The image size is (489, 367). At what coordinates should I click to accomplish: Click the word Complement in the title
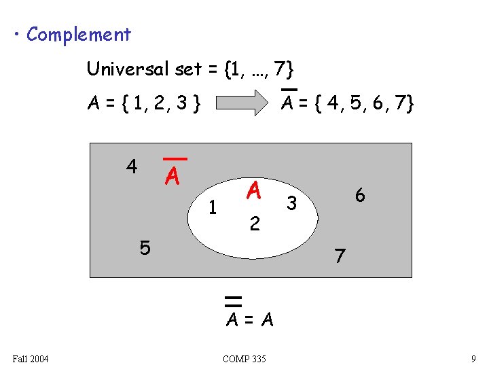(78, 34)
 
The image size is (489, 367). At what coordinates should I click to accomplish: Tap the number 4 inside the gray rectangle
(131, 166)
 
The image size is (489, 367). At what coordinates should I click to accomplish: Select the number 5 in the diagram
(145, 248)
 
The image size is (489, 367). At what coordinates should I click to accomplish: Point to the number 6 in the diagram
(360, 195)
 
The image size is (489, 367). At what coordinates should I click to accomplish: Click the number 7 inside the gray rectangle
(340, 256)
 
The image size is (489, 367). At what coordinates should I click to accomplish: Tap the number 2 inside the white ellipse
(254, 223)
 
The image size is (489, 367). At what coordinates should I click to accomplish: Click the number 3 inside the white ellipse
(291, 203)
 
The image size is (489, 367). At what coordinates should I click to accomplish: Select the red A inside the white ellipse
(254, 191)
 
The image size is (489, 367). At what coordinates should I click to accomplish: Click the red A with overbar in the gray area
(173, 176)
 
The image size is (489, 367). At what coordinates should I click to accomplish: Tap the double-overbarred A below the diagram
(233, 318)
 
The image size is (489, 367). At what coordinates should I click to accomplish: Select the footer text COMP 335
(244, 358)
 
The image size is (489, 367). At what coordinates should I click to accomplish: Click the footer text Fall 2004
(31, 358)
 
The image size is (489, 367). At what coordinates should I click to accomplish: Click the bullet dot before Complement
(16, 34)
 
